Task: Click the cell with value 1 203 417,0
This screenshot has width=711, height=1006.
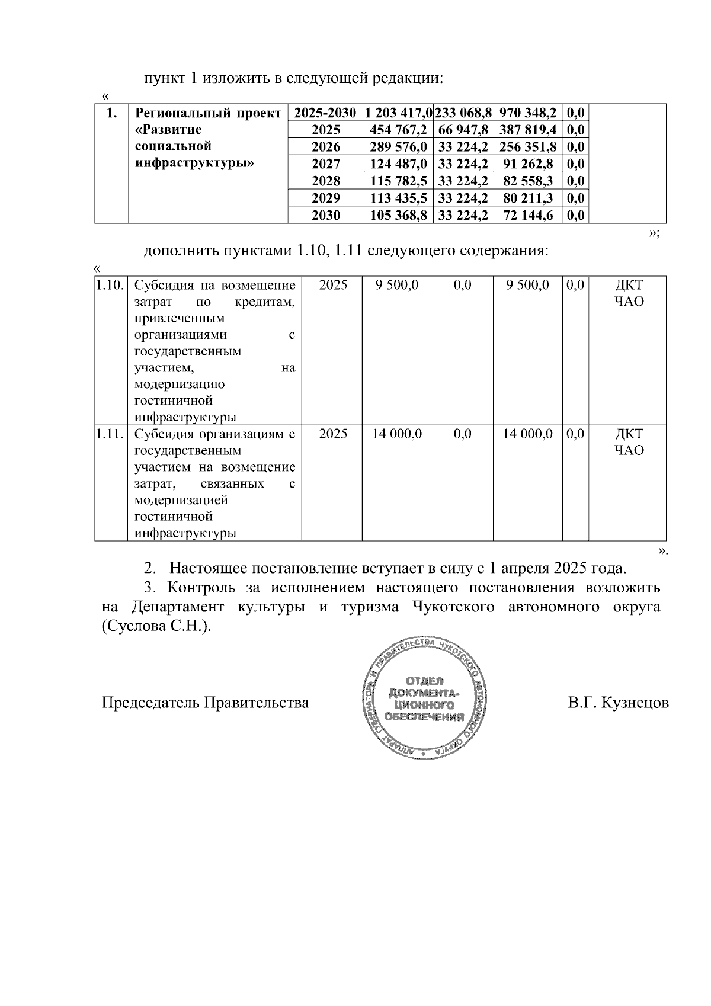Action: [x=398, y=113]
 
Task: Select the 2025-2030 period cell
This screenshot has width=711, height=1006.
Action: [x=325, y=113]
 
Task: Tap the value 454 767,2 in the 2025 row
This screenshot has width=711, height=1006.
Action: [x=398, y=130]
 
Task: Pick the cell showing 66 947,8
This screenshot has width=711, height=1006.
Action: [x=463, y=130]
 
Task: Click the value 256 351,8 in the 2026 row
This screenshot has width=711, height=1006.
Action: [x=528, y=147]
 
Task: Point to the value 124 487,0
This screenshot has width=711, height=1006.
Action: [x=398, y=164]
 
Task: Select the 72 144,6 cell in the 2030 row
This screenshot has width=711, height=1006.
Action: [x=528, y=215]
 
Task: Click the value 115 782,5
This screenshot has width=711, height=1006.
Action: [x=398, y=181]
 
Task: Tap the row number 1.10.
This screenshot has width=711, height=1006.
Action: [x=110, y=285]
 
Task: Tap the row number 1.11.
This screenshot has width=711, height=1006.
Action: [x=110, y=434]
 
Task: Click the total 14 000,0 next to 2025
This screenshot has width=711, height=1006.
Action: [x=397, y=434]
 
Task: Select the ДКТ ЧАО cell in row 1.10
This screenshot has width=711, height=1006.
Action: [x=628, y=293]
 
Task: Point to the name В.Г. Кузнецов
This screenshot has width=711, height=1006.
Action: [x=618, y=703]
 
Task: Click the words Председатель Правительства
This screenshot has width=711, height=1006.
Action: [x=205, y=703]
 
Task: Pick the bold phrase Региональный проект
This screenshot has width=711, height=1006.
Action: [x=208, y=113]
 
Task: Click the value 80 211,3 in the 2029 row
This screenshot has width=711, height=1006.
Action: [x=528, y=198]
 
